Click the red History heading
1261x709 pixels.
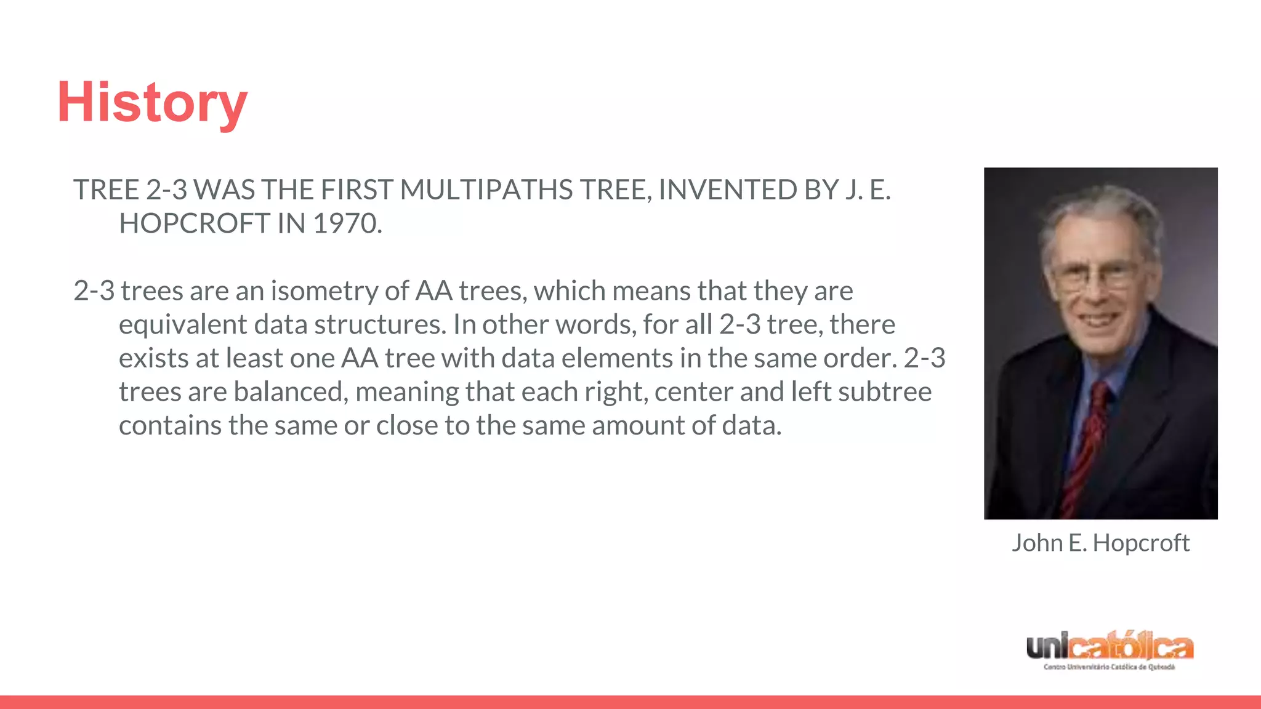tap(152, 103)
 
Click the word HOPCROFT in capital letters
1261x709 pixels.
tap(194, 223)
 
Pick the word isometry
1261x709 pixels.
tap(324, 291)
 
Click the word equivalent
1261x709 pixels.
tap(183, 324)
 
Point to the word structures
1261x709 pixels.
tap(380, 324)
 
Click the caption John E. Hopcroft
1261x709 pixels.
tap(1100, 543)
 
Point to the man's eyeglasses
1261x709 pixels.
tap(1094, 275)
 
